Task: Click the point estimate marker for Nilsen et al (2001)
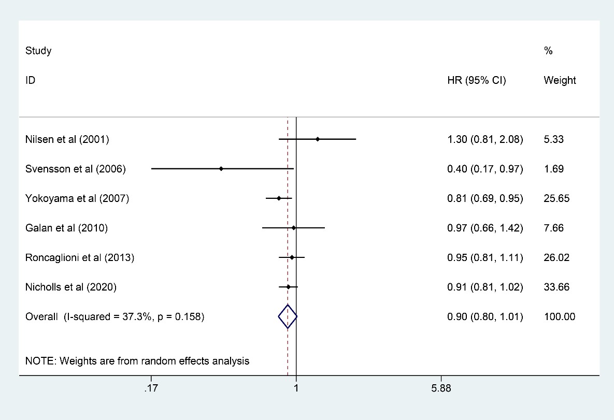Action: point(318,139)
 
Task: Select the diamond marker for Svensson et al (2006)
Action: point(221,169)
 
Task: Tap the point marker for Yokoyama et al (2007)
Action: point(279,198)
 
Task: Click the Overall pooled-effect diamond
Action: point(288,316)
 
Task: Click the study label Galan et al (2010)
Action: point(66,228)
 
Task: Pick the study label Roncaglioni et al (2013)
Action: point(80,257)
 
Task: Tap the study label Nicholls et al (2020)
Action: point(71,287)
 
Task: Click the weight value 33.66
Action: point(556,287)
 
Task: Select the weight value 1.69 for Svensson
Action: point(554,169)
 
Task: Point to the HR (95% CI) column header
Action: point(477,80)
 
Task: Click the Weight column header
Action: point(560,80)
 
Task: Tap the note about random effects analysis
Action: point(137,361)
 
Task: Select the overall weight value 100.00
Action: point(559,316)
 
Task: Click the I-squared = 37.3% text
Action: point(115,316)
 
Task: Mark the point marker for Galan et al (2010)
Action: point(294,228)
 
